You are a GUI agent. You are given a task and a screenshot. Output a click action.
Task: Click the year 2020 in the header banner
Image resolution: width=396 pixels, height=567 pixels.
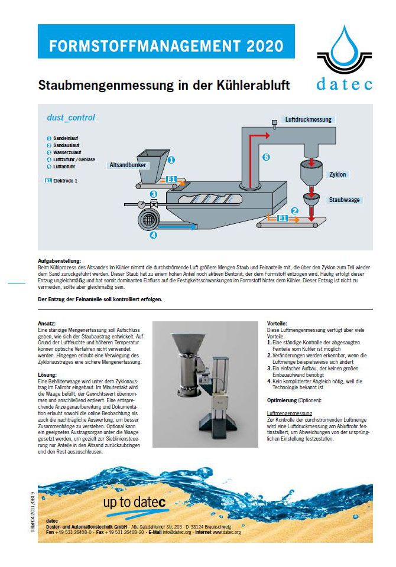coord(258,45)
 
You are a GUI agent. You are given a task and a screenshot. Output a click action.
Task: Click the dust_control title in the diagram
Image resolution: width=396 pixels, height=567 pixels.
coord(71,118)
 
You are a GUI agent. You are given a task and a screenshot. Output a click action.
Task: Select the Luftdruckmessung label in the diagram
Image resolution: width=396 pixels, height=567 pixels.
coord(308,119)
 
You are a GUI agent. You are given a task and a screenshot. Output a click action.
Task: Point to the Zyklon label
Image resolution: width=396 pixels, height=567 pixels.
coord(338,174)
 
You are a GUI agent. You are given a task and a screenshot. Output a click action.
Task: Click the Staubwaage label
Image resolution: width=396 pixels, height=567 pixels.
coord(345,200)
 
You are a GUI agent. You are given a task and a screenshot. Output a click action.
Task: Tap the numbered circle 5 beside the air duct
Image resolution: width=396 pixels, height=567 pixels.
coord(266,157)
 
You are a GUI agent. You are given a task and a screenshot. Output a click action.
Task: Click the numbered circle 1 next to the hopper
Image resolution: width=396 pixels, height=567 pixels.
coord(171,159)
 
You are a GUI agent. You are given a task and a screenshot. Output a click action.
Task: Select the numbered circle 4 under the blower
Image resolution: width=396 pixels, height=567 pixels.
coord(154,235)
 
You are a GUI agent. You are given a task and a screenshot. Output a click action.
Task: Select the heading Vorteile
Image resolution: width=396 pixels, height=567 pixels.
coord(277,324)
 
